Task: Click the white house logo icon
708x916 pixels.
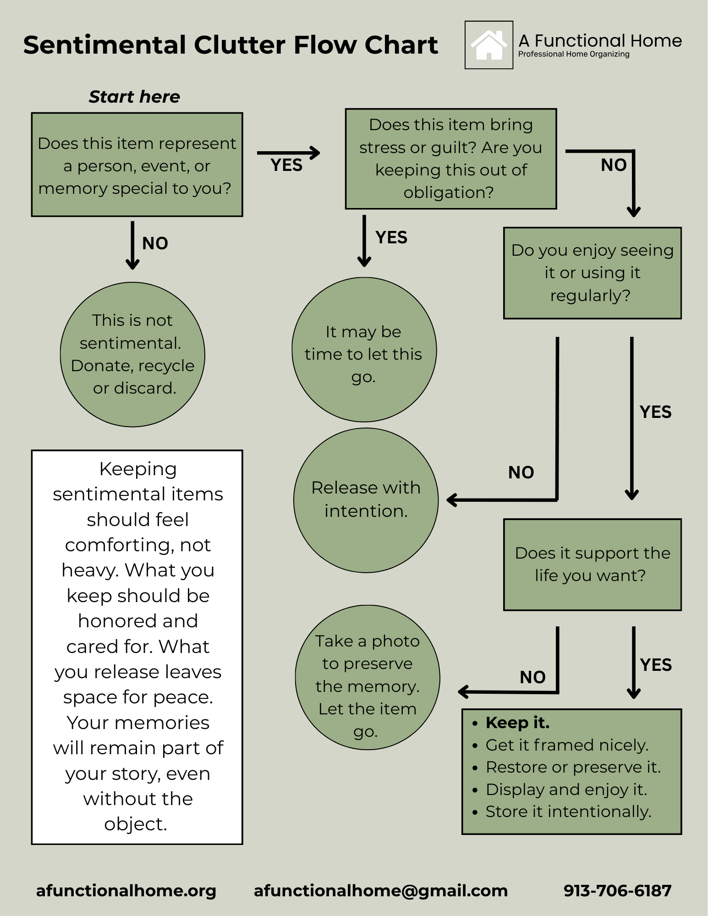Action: pos(488,45)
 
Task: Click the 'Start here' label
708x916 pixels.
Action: pos(134,97)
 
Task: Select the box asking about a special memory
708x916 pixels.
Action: pos(137,165)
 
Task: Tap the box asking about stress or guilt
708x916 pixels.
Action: pos(450,159)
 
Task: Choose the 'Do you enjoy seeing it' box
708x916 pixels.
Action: pos(592,273)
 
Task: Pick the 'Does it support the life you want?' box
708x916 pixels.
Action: pos(592,564)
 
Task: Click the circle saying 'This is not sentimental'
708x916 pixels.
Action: pos(132,354)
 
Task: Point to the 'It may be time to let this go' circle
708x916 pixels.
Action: pos(364,350)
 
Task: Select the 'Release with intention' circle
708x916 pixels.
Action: pos(366,500)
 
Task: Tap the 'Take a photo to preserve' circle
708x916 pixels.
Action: pos(368,677)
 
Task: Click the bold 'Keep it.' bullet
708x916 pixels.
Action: pos(517,723)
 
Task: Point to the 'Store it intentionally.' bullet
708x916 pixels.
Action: pos(568,812)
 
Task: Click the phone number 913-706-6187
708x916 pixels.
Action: pos(617,890)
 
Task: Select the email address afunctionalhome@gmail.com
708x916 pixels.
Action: pos(380,890)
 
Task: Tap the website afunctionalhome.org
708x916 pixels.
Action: pos(126,890)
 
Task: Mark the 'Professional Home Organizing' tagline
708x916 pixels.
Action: pos(574,54)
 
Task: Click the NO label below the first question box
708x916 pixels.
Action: pos(155,243)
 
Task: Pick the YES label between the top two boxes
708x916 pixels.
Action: pos(286,165)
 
